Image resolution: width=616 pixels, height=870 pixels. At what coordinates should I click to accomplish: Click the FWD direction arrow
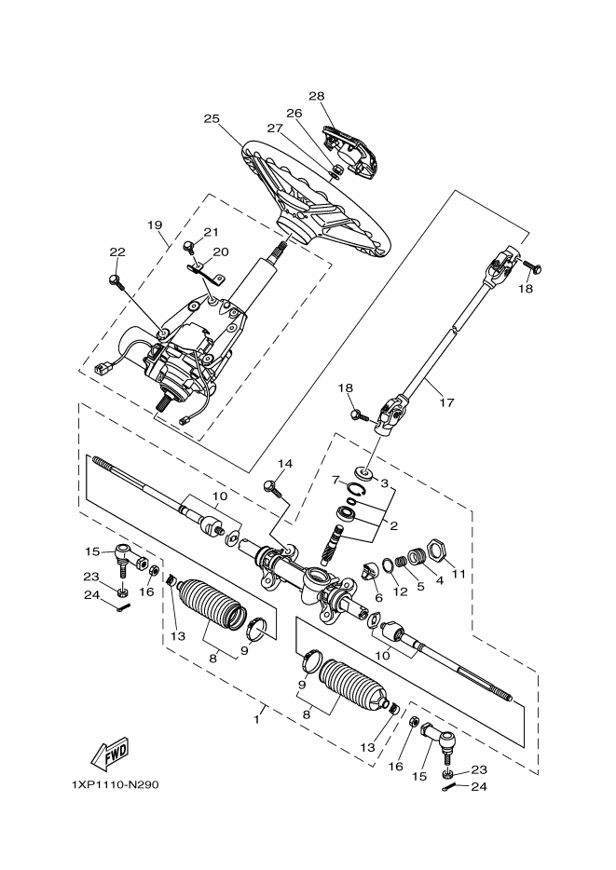point(109,755)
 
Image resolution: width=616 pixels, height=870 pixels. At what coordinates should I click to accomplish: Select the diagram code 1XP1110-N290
point(115,784)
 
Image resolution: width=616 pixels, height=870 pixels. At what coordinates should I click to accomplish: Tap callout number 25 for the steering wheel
point(212,118)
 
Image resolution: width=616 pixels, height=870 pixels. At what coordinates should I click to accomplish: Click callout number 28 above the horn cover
point(316,96)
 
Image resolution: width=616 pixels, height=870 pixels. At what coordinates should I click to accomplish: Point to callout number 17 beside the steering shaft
point(446,402)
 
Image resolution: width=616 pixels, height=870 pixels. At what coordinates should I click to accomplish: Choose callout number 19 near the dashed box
point(155,224)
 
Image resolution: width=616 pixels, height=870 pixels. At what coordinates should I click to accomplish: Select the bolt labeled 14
point(272,487)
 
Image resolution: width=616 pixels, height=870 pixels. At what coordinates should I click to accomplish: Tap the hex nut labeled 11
point(437,550)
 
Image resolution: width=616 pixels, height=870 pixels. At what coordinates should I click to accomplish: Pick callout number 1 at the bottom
point(256,719)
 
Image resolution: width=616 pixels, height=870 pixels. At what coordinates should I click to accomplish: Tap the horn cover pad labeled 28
point(350,150)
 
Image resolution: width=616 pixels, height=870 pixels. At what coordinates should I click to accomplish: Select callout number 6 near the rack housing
point(379,598)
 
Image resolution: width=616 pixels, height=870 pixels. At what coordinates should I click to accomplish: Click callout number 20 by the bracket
point(220,251)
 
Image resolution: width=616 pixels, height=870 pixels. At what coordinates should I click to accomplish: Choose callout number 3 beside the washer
point(385,483)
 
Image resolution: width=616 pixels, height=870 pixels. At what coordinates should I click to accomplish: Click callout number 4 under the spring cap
point(439,580)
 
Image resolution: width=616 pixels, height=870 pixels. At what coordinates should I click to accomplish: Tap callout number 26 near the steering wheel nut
point(294,113)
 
